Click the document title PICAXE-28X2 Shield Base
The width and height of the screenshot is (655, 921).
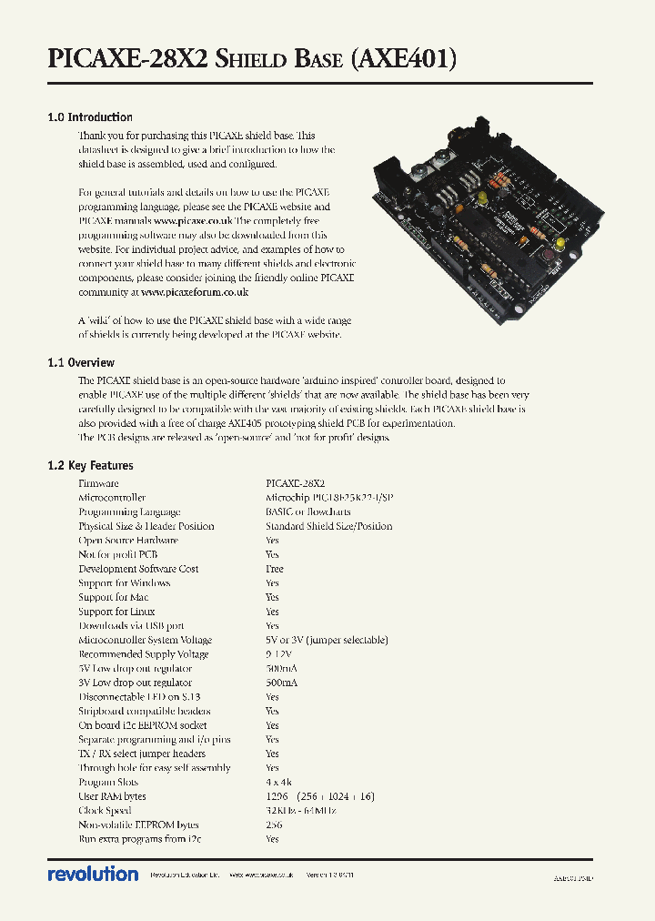coord(251,59)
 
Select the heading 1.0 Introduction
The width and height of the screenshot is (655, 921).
coord(89,117)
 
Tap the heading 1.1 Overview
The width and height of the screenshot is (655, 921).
coord(81,363)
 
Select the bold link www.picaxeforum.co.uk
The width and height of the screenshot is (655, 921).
coord(195,293)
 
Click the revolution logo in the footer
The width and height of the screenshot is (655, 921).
coord(93,874)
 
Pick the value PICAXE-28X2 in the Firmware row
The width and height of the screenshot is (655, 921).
coord(295,484)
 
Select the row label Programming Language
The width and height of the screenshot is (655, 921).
coord(129,512)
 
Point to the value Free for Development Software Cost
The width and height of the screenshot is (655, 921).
coord(274,569)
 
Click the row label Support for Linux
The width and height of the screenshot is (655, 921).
coord(116,612)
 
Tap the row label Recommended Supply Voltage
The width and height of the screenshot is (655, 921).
coord(143,654)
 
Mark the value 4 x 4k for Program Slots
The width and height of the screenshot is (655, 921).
coord(279,782)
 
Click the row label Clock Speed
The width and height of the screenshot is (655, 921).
coord(105,810)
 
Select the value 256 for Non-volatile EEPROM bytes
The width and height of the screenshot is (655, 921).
coord(273,825)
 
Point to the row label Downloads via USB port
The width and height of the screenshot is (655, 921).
coord(131,626)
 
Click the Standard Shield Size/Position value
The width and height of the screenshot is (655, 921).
coord(328,526)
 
